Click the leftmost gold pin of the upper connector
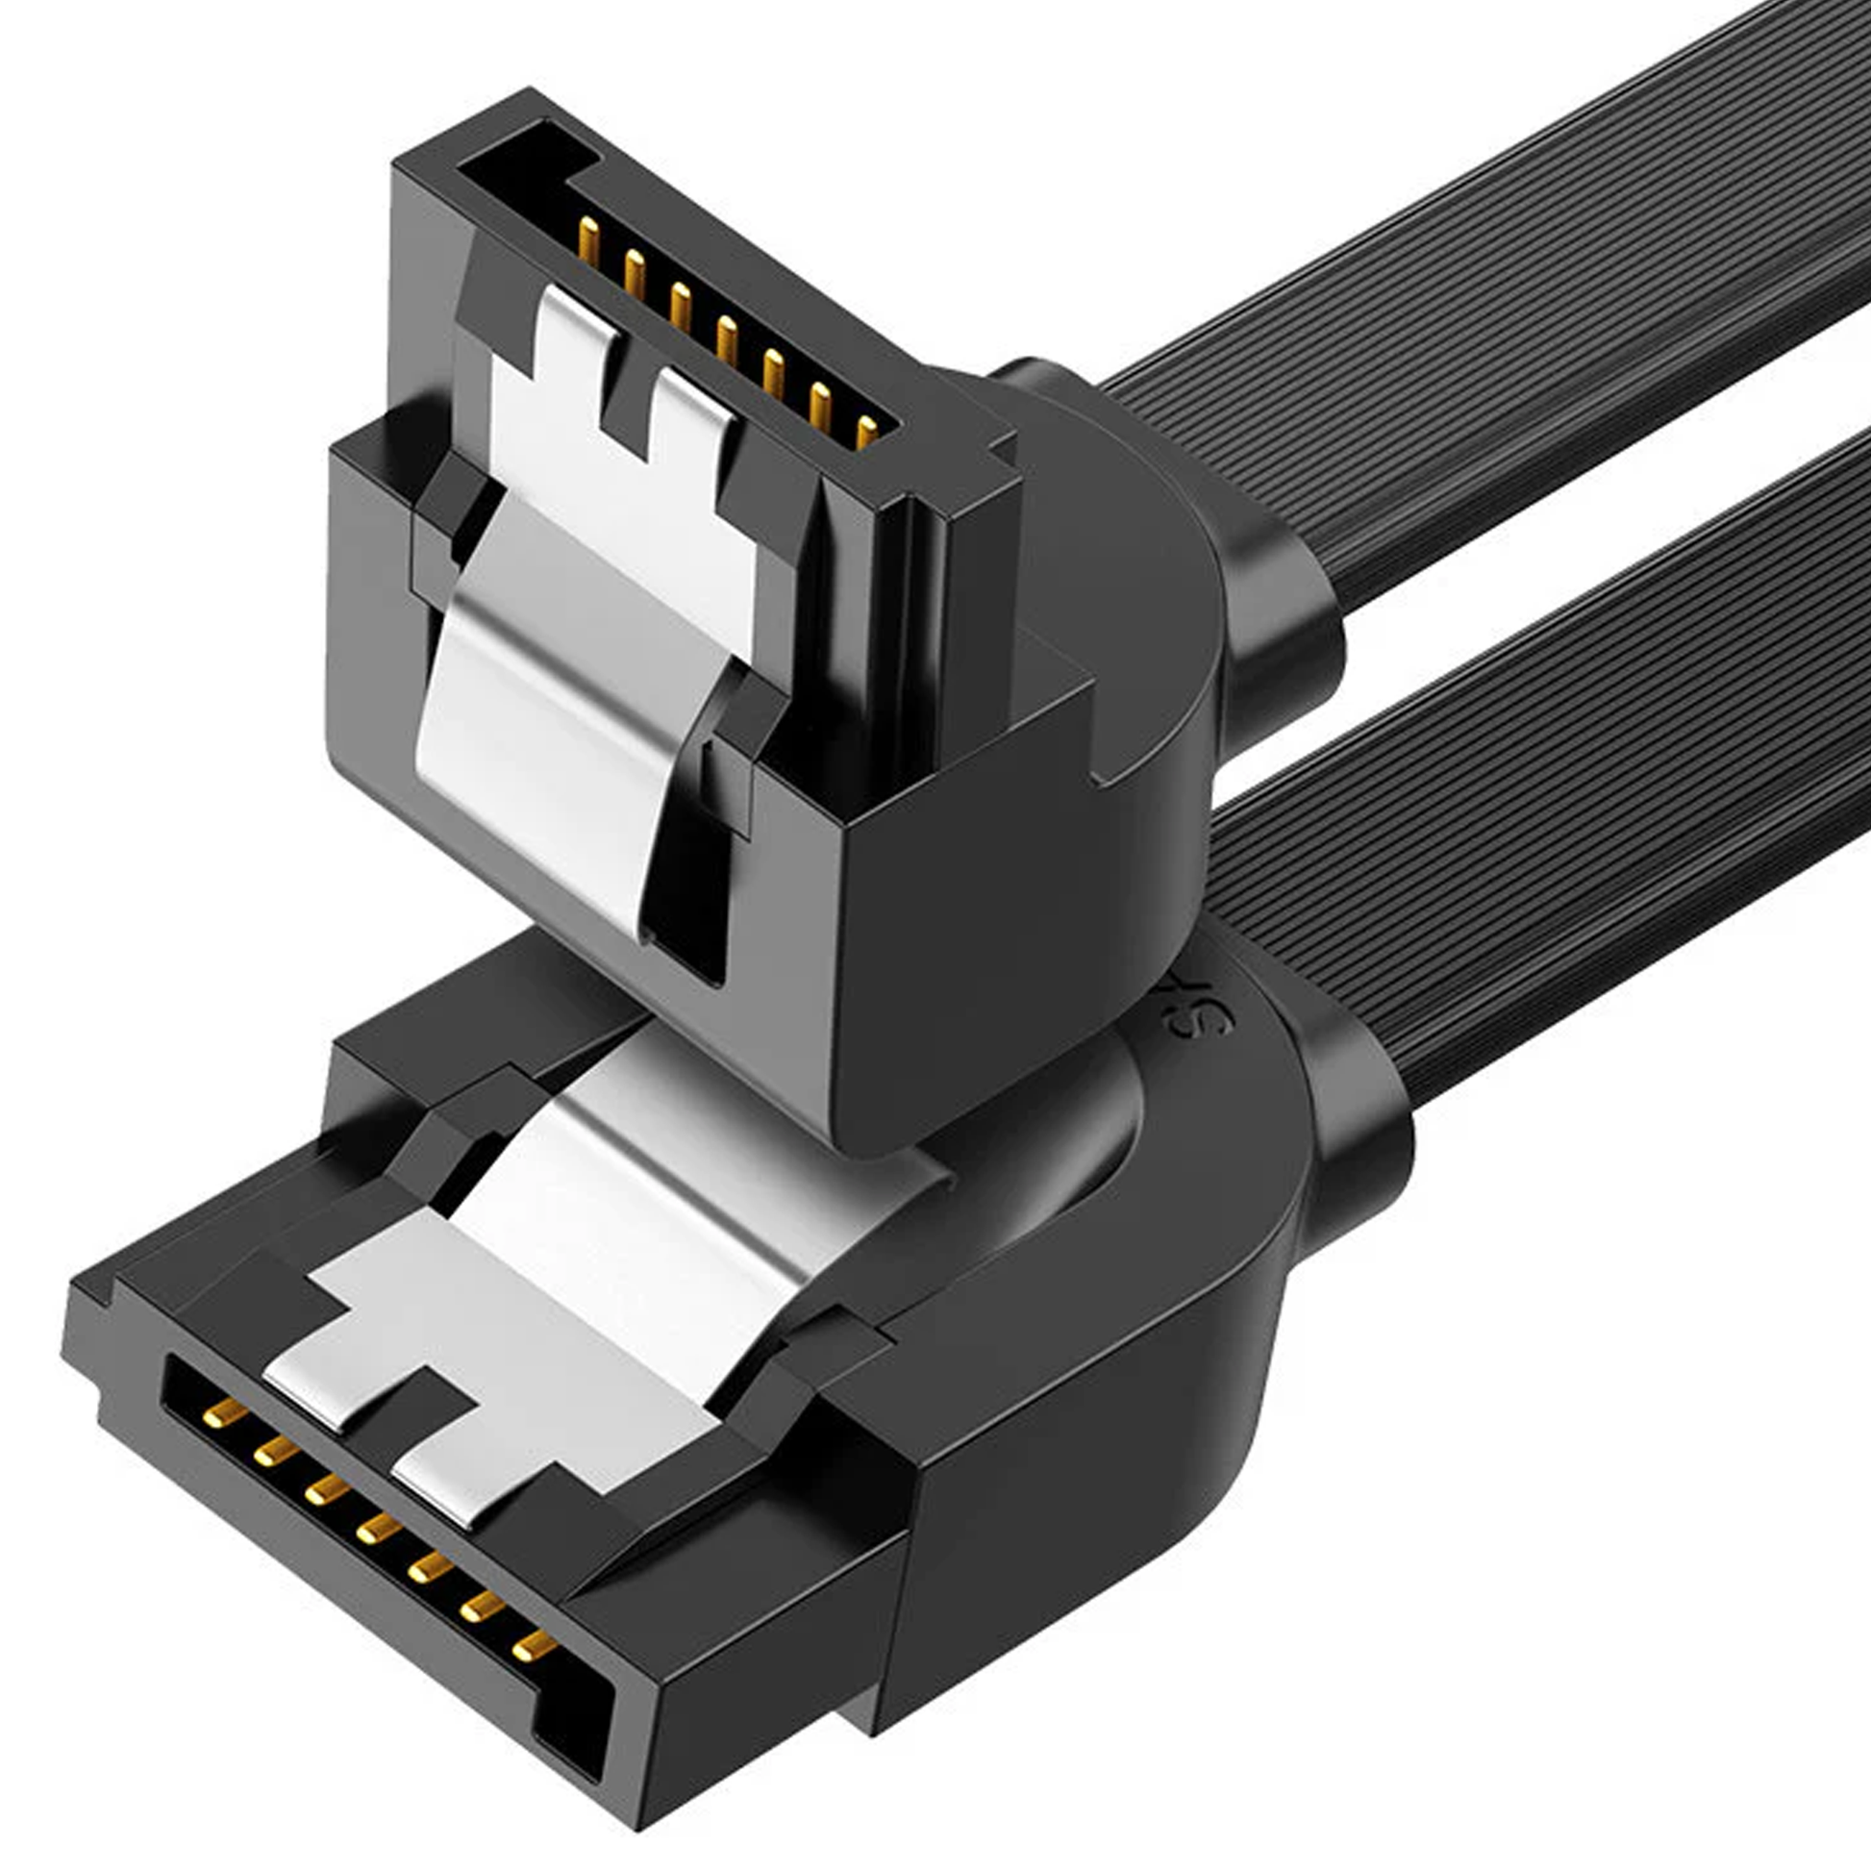587,241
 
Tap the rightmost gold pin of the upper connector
865,431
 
